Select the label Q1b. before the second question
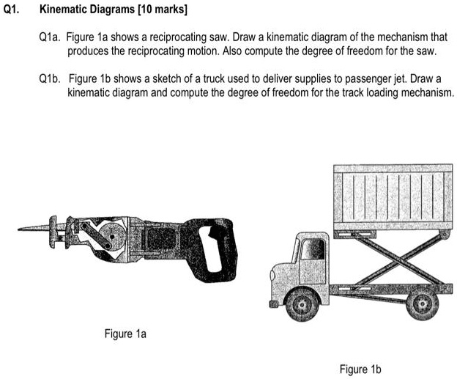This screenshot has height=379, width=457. (x=53, y=78)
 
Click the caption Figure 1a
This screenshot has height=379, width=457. (x=126, y=334)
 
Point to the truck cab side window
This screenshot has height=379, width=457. (x=313, y=251)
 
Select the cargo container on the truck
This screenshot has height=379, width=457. (x=393, y=196)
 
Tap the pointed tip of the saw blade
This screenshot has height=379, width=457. (x=20, y=228)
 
